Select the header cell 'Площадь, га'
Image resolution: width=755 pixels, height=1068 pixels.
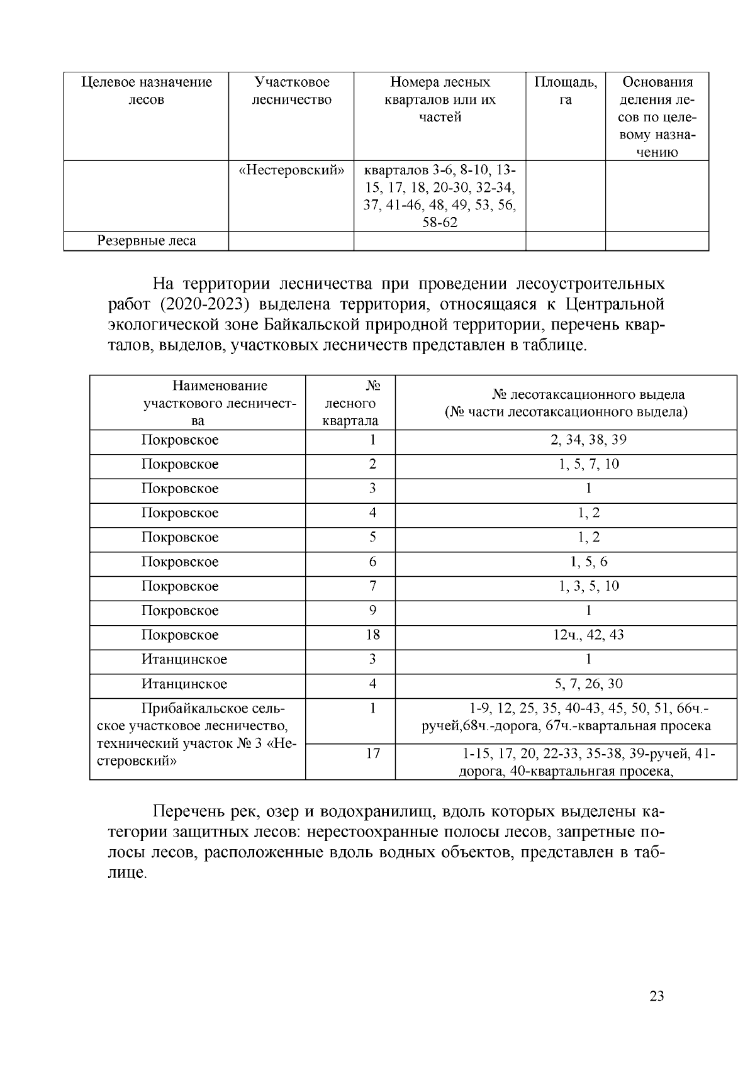[565, 91]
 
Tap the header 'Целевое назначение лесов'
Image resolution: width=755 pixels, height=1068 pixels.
[147, 91]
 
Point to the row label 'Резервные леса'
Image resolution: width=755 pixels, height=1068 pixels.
[146, 241]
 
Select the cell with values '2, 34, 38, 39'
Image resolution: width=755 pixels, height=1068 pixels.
[588, 440]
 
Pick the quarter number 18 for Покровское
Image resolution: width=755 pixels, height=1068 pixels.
[372, 635]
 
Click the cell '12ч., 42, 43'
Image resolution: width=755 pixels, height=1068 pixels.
[588, 635]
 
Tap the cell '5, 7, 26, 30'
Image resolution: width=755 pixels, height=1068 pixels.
[588, 684]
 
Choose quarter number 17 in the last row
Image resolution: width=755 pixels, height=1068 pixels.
[372, 753]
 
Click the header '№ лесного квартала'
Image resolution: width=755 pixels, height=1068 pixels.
[350, 403]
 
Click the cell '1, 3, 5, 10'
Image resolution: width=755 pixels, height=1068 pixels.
[588, 586]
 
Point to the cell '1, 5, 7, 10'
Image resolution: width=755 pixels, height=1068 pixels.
[588, 464]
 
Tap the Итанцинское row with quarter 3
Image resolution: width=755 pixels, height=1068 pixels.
[184, 659]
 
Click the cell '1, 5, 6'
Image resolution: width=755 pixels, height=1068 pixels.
[588, 562]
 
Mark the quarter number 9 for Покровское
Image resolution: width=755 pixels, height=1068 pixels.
[372, 611]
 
